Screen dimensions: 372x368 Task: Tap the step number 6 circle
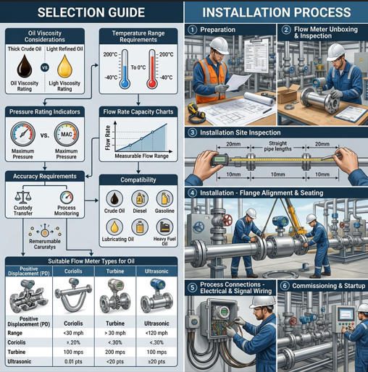(285, 285)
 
